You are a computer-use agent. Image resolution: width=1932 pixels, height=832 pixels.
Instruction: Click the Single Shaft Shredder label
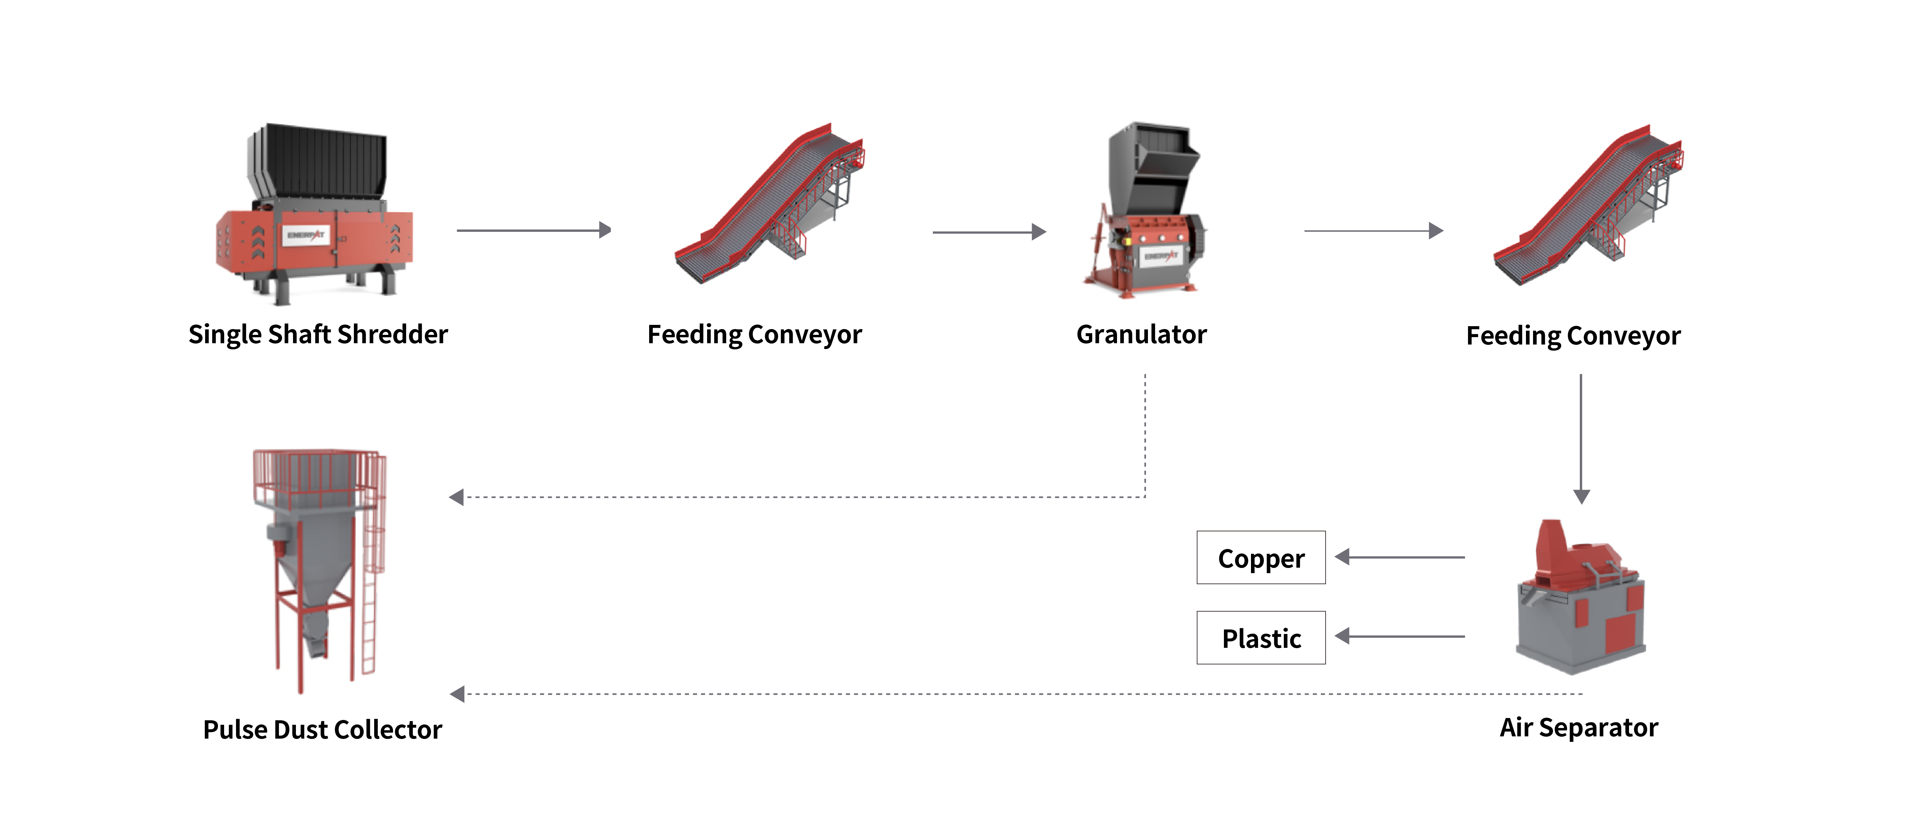tap(318, 334)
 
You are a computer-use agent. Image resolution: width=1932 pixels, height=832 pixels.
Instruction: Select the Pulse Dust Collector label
tap(323, 729)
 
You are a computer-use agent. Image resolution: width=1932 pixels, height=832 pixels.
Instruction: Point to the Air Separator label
tap(1579, 727)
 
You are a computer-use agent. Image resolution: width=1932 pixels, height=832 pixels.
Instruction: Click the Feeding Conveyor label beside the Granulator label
tap(754, 334)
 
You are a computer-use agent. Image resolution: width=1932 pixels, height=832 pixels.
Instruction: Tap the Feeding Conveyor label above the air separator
tap(1573, 336)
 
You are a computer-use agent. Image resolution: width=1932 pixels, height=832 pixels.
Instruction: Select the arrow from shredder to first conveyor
tap(534, 230)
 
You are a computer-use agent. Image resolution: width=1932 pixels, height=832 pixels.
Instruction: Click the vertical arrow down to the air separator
tap(1581, 439)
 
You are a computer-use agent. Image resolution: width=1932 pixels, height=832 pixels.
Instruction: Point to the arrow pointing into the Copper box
tap(1399, 557)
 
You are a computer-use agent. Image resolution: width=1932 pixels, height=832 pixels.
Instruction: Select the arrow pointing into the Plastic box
tap(1399, 636)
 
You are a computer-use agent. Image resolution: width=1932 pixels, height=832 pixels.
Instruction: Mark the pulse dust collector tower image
tap(319, 563)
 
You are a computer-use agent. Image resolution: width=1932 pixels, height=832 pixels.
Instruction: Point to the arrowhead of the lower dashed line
tap(457, 694)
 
